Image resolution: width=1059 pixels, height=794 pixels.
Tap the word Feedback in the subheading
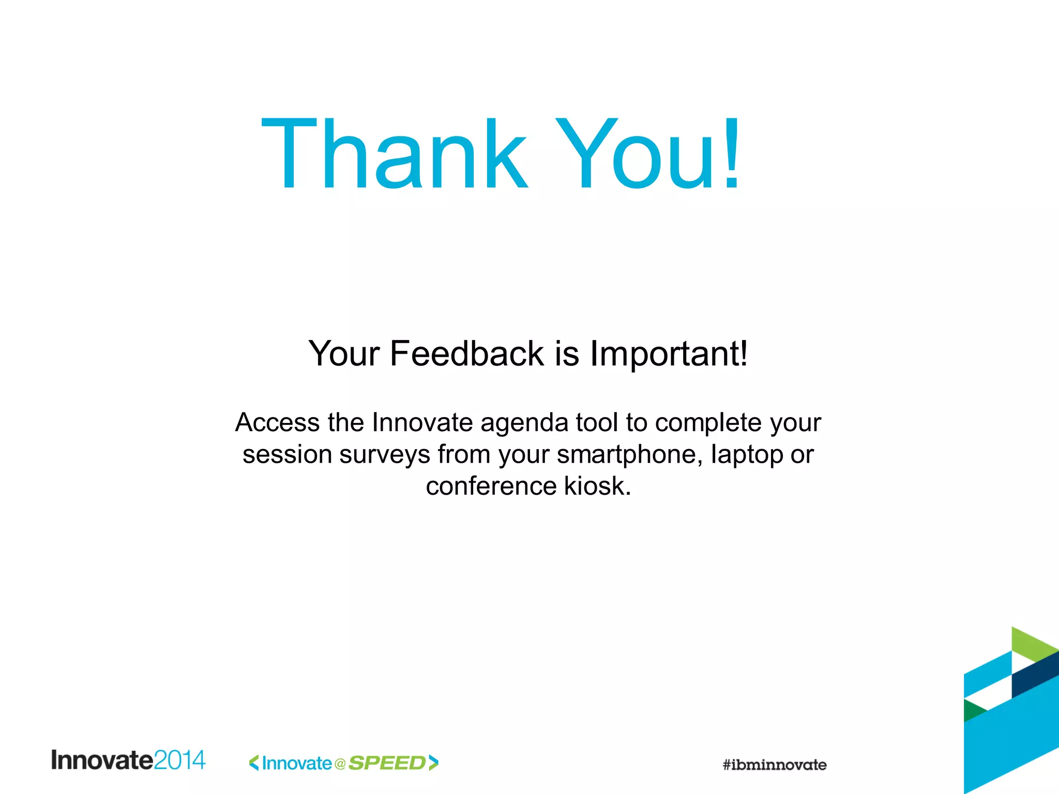466,354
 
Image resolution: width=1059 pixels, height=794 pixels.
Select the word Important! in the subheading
669,354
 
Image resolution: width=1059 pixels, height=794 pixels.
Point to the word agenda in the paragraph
524,423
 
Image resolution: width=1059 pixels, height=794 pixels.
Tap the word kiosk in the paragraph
597,486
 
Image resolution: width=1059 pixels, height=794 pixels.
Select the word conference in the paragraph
491,486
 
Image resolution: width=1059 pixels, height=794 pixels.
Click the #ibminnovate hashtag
774,765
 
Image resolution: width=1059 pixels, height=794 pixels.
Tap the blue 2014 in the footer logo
179,760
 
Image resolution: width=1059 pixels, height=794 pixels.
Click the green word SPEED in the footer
387,763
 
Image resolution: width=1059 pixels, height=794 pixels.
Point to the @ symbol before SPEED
340,764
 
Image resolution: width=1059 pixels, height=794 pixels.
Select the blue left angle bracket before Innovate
254,763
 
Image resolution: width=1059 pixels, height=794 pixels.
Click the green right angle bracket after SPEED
433,763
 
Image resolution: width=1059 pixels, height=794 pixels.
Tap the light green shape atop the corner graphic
1032,644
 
